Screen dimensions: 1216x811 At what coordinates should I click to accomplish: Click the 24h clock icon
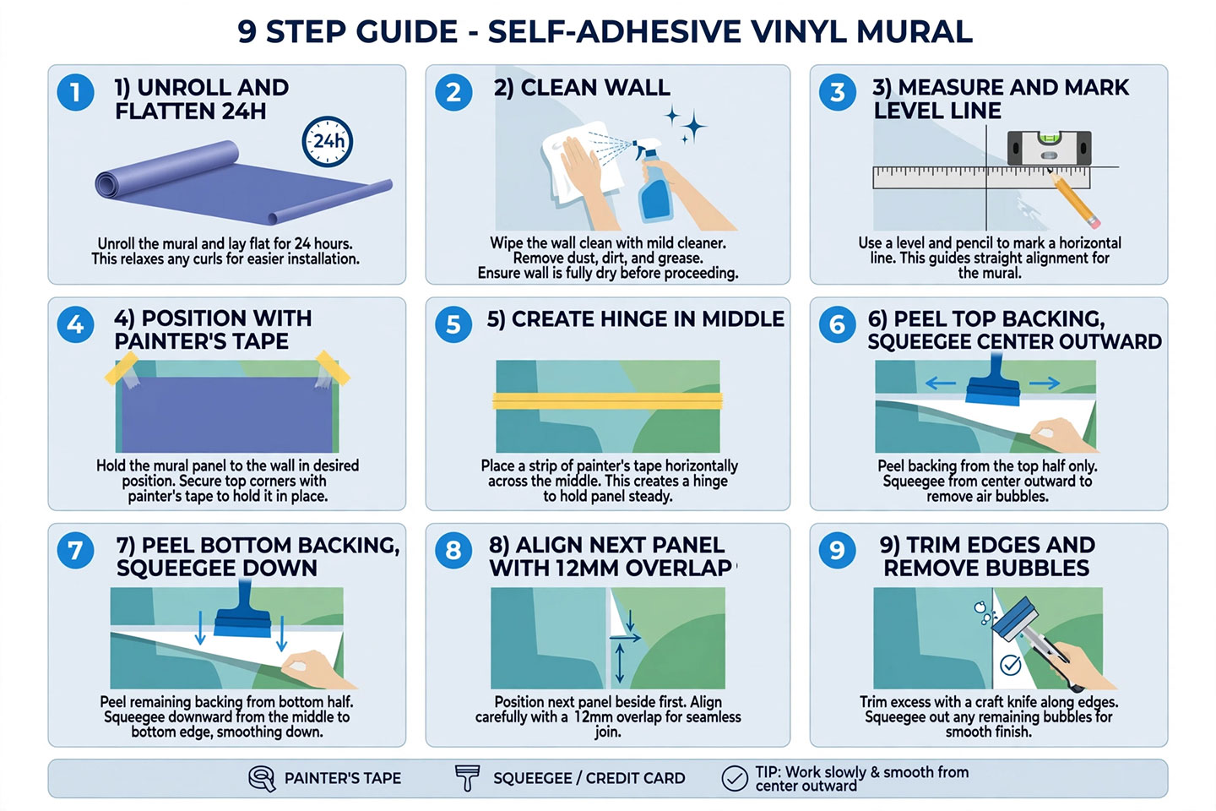click(x=328, y=141)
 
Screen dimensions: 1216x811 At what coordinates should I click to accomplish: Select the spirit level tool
click(x=1049, y=148)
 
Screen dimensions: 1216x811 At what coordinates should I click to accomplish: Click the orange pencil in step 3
click(x=1073, y=199)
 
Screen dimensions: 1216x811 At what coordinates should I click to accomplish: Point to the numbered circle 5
click(x=453, y=324)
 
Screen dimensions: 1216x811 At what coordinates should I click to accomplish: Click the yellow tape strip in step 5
click(x=607, y=401)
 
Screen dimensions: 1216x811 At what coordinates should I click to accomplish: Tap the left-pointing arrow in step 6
click(x=940, y=384)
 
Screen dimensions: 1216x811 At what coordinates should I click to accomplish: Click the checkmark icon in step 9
click(x=1010, y=664)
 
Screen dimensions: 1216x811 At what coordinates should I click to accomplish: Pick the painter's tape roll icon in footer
click(x=262, y=778)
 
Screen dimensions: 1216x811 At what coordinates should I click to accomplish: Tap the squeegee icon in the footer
click(x=467, y=778)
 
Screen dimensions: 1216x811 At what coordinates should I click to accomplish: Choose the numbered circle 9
click(x=837, y=550)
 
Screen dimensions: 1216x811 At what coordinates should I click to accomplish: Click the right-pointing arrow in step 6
click(x=1045, y=384)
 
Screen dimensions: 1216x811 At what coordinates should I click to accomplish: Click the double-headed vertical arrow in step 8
click(x=620, y=663)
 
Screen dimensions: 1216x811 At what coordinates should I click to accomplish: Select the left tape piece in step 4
click(x=122, y=368)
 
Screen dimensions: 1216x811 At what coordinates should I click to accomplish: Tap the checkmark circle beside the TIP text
click(x=735, y=778)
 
